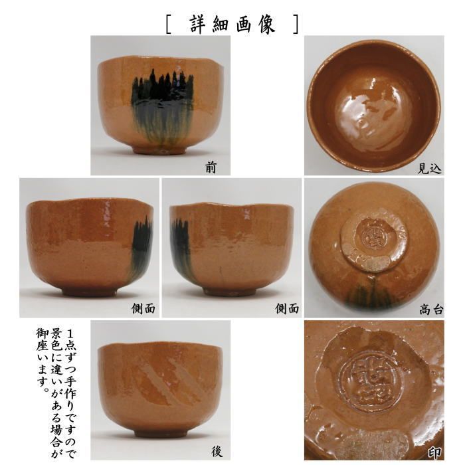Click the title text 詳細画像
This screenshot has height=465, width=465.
tap(232, 24)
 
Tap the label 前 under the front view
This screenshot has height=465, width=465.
tap(211, 168)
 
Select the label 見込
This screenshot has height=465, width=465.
tap(429, 169)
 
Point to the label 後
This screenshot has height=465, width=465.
tap(217, 451)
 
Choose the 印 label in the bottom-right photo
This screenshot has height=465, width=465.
tap(434, 452)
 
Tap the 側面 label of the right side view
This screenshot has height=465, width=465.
tap(287, 308)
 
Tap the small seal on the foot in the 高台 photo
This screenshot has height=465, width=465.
tap(369, 233)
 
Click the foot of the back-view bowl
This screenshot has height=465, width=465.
tap(163, 432)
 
